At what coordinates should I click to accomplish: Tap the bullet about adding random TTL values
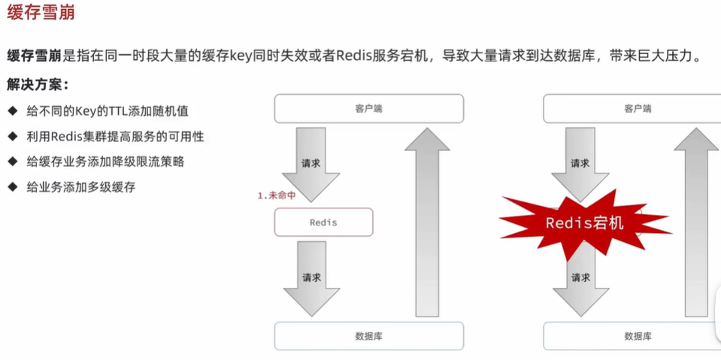[107, 111]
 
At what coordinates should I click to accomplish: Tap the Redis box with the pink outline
[323, 222]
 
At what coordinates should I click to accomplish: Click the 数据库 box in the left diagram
[368, 336]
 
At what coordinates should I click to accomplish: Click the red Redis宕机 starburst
[584, 223]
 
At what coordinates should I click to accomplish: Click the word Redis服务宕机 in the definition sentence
[383, 56]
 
